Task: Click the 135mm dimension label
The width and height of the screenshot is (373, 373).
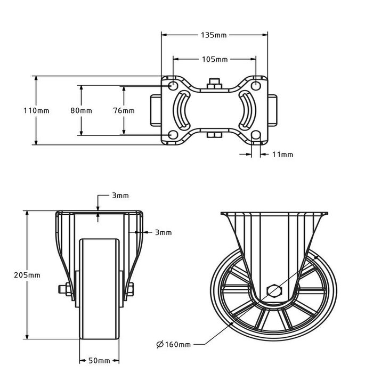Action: pyautogui.click(x=214, y=35)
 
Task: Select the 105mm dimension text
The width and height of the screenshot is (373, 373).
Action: pyautogui.click(x=214, y=59)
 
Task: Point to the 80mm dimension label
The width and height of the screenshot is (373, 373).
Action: pyautogui.click(x=81, y=110)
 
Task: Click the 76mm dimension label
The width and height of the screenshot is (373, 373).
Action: pyautogui.click(x=124, y=110)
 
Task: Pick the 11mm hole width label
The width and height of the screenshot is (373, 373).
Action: pyautogui.click(x=282, y=155)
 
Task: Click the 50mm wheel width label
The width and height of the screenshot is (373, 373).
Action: pyautogui.click(x=99, y=361)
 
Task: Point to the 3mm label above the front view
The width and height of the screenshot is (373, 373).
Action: pyautogui.click(x=120, y=196)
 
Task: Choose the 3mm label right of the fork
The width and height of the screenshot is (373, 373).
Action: pyautogui.click(x=164, y=232)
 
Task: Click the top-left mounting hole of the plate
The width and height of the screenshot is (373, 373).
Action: pyautogui.click(x=173, y=86)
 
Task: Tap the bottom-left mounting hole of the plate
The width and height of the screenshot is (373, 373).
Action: pyautogui.click(x=173, y=135)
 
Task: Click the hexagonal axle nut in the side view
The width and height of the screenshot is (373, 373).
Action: pyautogui.click(x=274, y=291)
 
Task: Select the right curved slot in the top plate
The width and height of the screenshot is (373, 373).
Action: pyautogui.click(x=247, y=110)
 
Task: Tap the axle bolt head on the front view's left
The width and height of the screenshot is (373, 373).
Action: pyautogui.click(x=62, y=290)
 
